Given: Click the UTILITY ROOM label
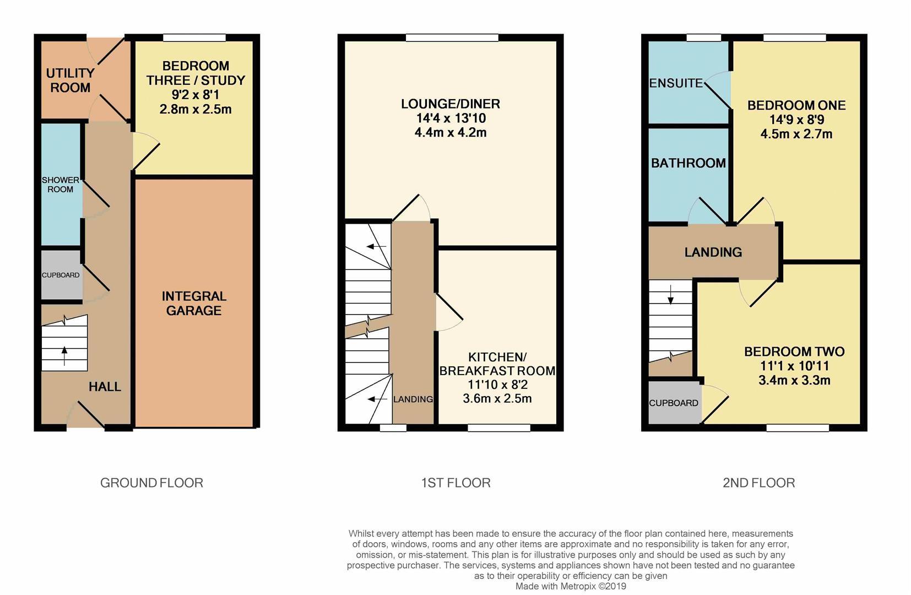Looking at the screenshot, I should (70, 80).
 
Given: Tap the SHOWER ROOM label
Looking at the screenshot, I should (60, 185).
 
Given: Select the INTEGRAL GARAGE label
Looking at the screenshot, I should (194, 304).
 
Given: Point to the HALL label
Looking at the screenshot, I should (105, 387).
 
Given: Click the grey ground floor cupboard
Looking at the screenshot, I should (61, 275).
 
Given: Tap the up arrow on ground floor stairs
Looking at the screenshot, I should (64, 355).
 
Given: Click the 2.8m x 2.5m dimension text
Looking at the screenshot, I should (196, 109).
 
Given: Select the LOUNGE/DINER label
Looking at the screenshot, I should (451, 104).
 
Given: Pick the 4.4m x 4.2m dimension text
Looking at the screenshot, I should (451, 132).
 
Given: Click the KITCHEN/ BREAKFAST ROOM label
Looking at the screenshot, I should (497, 364).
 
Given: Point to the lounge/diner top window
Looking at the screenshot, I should (452, 38).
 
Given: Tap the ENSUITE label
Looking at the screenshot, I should (676, 83).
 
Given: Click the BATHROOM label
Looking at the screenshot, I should (688, 163).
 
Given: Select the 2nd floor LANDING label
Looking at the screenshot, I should (713, 252).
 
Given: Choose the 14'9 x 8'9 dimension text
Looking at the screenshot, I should (796, 120).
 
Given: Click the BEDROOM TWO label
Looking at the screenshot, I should (794, 351).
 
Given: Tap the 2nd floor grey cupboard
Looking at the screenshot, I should (674, 403).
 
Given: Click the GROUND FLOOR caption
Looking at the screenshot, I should (151, 483).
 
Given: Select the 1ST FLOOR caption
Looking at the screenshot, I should (455, 483).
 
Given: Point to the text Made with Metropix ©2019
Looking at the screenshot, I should (571, 586).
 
